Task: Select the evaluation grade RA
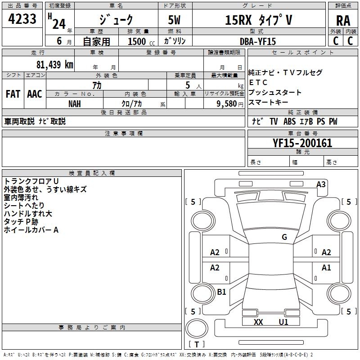coord(343,20)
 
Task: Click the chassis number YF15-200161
coord(302,143)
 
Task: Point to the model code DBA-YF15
coord(258,41)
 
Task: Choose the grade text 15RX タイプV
coord(258,20)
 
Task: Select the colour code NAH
coord(75,103)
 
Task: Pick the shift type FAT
coord(13,94)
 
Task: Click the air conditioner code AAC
coord(35,94)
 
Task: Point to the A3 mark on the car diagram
coord(321,184)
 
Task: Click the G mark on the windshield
coord(284,237)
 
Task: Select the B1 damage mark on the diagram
coord(221,292)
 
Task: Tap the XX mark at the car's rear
coord(258,322)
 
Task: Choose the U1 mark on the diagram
coord(283,322)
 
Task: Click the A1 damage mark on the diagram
coord(326,268)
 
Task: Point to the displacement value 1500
coord(137,41)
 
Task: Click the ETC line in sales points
coord(258,82)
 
